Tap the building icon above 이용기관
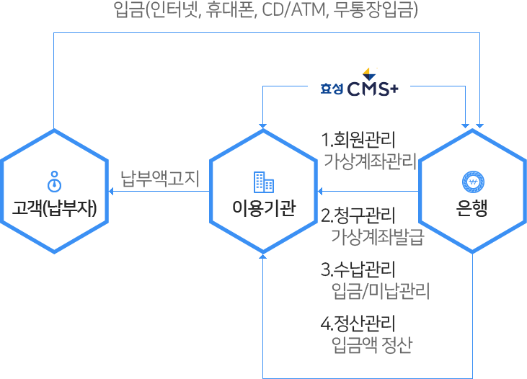coord(263,181)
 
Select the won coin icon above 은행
coord(472,182)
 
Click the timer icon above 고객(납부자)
coord(54,179)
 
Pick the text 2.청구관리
coord(358,215)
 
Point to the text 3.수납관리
coord(358,270)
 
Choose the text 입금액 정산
coord(371,344)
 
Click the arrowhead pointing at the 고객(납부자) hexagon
coord(112,191)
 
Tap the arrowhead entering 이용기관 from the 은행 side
coord(321,191)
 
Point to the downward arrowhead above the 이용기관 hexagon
coord(263,125)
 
